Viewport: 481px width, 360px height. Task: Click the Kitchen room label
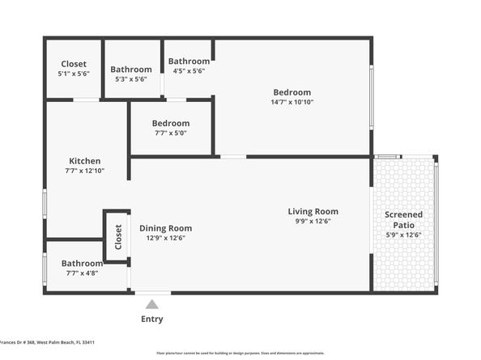(84, 160)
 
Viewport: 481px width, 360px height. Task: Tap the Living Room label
(313, 212)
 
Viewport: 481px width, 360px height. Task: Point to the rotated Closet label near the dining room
(118, 236)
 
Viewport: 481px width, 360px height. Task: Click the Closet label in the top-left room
(74, 64)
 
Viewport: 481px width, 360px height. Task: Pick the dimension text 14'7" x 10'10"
(292, 102)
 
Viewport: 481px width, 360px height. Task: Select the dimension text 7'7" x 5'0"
(170, 133)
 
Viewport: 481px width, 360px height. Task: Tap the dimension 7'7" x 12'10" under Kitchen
(85, 171)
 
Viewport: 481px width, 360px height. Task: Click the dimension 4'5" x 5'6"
(188, 71)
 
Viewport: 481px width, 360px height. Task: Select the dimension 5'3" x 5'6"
(130, 79)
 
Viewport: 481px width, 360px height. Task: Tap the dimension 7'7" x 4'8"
(82, 273)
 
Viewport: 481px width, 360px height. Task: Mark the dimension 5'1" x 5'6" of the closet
(74, 74)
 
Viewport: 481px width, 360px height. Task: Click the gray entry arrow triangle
(151, 304)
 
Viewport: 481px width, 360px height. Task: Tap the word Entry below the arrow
(151, 319)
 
